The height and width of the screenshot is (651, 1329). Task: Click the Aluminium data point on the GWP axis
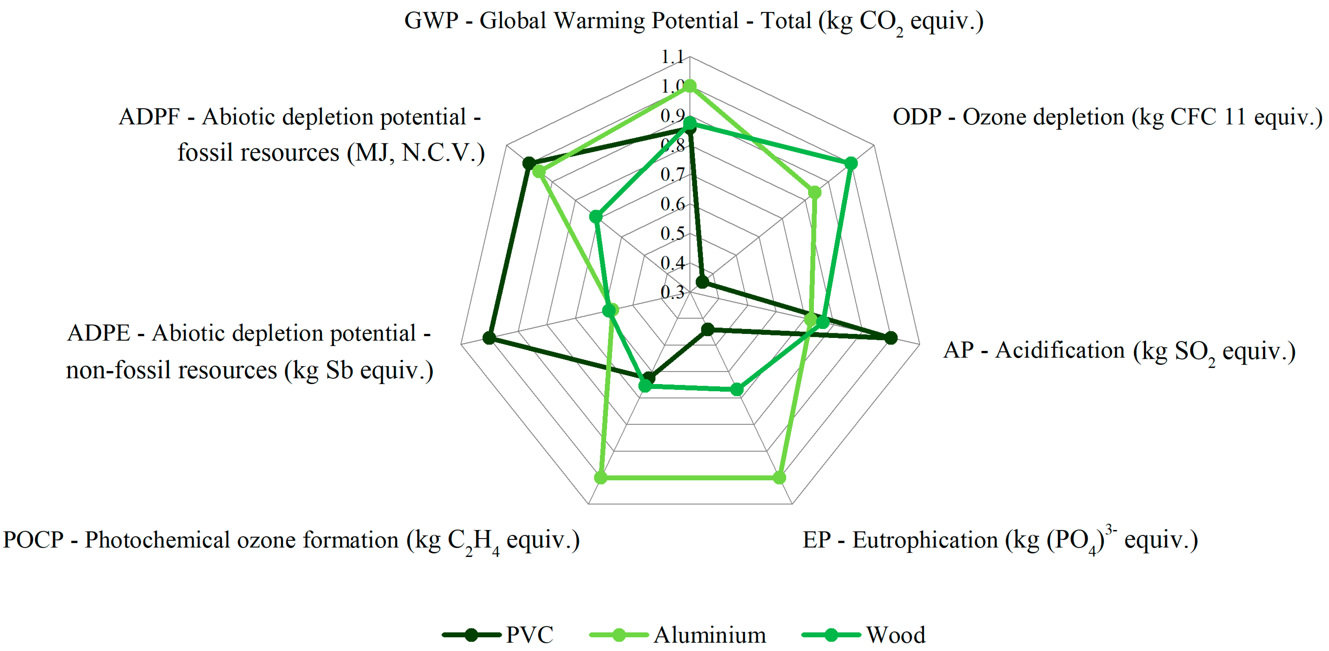coord(690,86)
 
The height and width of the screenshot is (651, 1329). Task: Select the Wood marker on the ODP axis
coord(851,164)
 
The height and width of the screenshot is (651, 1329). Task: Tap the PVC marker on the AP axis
coord(891,338)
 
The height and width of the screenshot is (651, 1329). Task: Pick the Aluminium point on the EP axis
coord(779,478)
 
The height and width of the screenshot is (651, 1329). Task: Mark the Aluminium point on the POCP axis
coord(600,478)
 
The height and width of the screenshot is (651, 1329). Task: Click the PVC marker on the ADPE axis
coord(489,338)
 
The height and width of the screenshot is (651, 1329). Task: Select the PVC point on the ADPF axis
coord(529,164)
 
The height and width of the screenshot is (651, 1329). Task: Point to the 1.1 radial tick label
coord(672,57)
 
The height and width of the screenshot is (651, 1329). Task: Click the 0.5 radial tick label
coord(672,233)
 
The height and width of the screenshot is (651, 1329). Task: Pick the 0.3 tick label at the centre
coord(672,292)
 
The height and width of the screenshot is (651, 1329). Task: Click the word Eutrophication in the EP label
coord(924,540)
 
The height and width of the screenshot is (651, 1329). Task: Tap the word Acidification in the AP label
coord(1060,350)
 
